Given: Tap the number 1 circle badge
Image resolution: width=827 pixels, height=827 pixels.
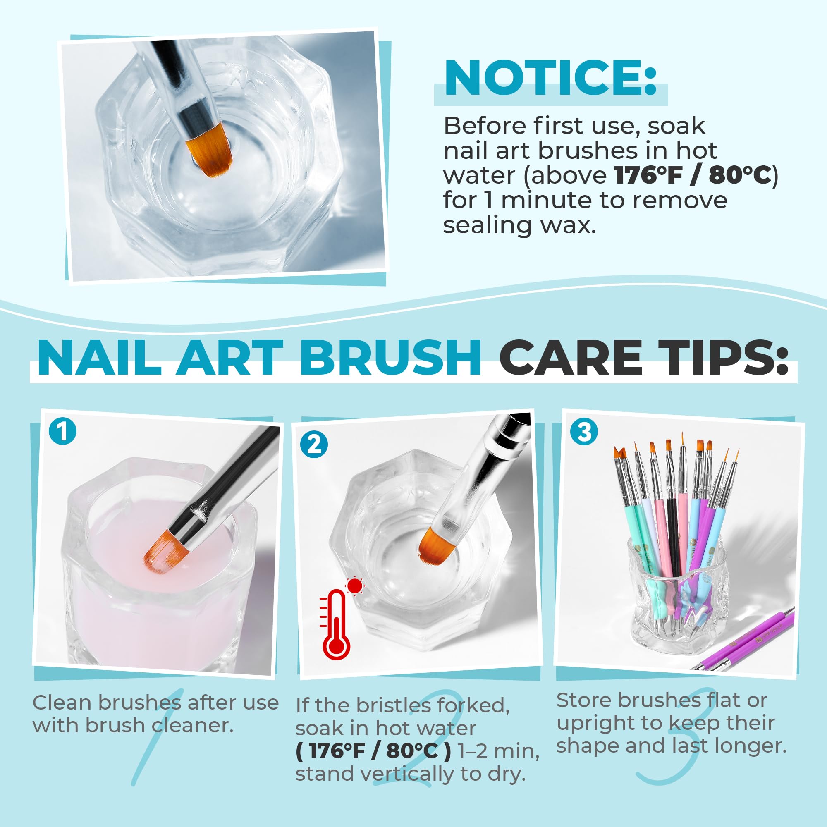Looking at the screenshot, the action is [x=62, y=431].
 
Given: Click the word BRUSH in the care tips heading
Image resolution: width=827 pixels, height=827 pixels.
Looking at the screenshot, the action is [x=390, y=358].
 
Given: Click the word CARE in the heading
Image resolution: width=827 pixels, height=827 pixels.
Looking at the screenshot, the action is [x=570, y=358].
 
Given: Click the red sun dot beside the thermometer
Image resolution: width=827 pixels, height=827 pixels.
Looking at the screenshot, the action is [x=355, y=586].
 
